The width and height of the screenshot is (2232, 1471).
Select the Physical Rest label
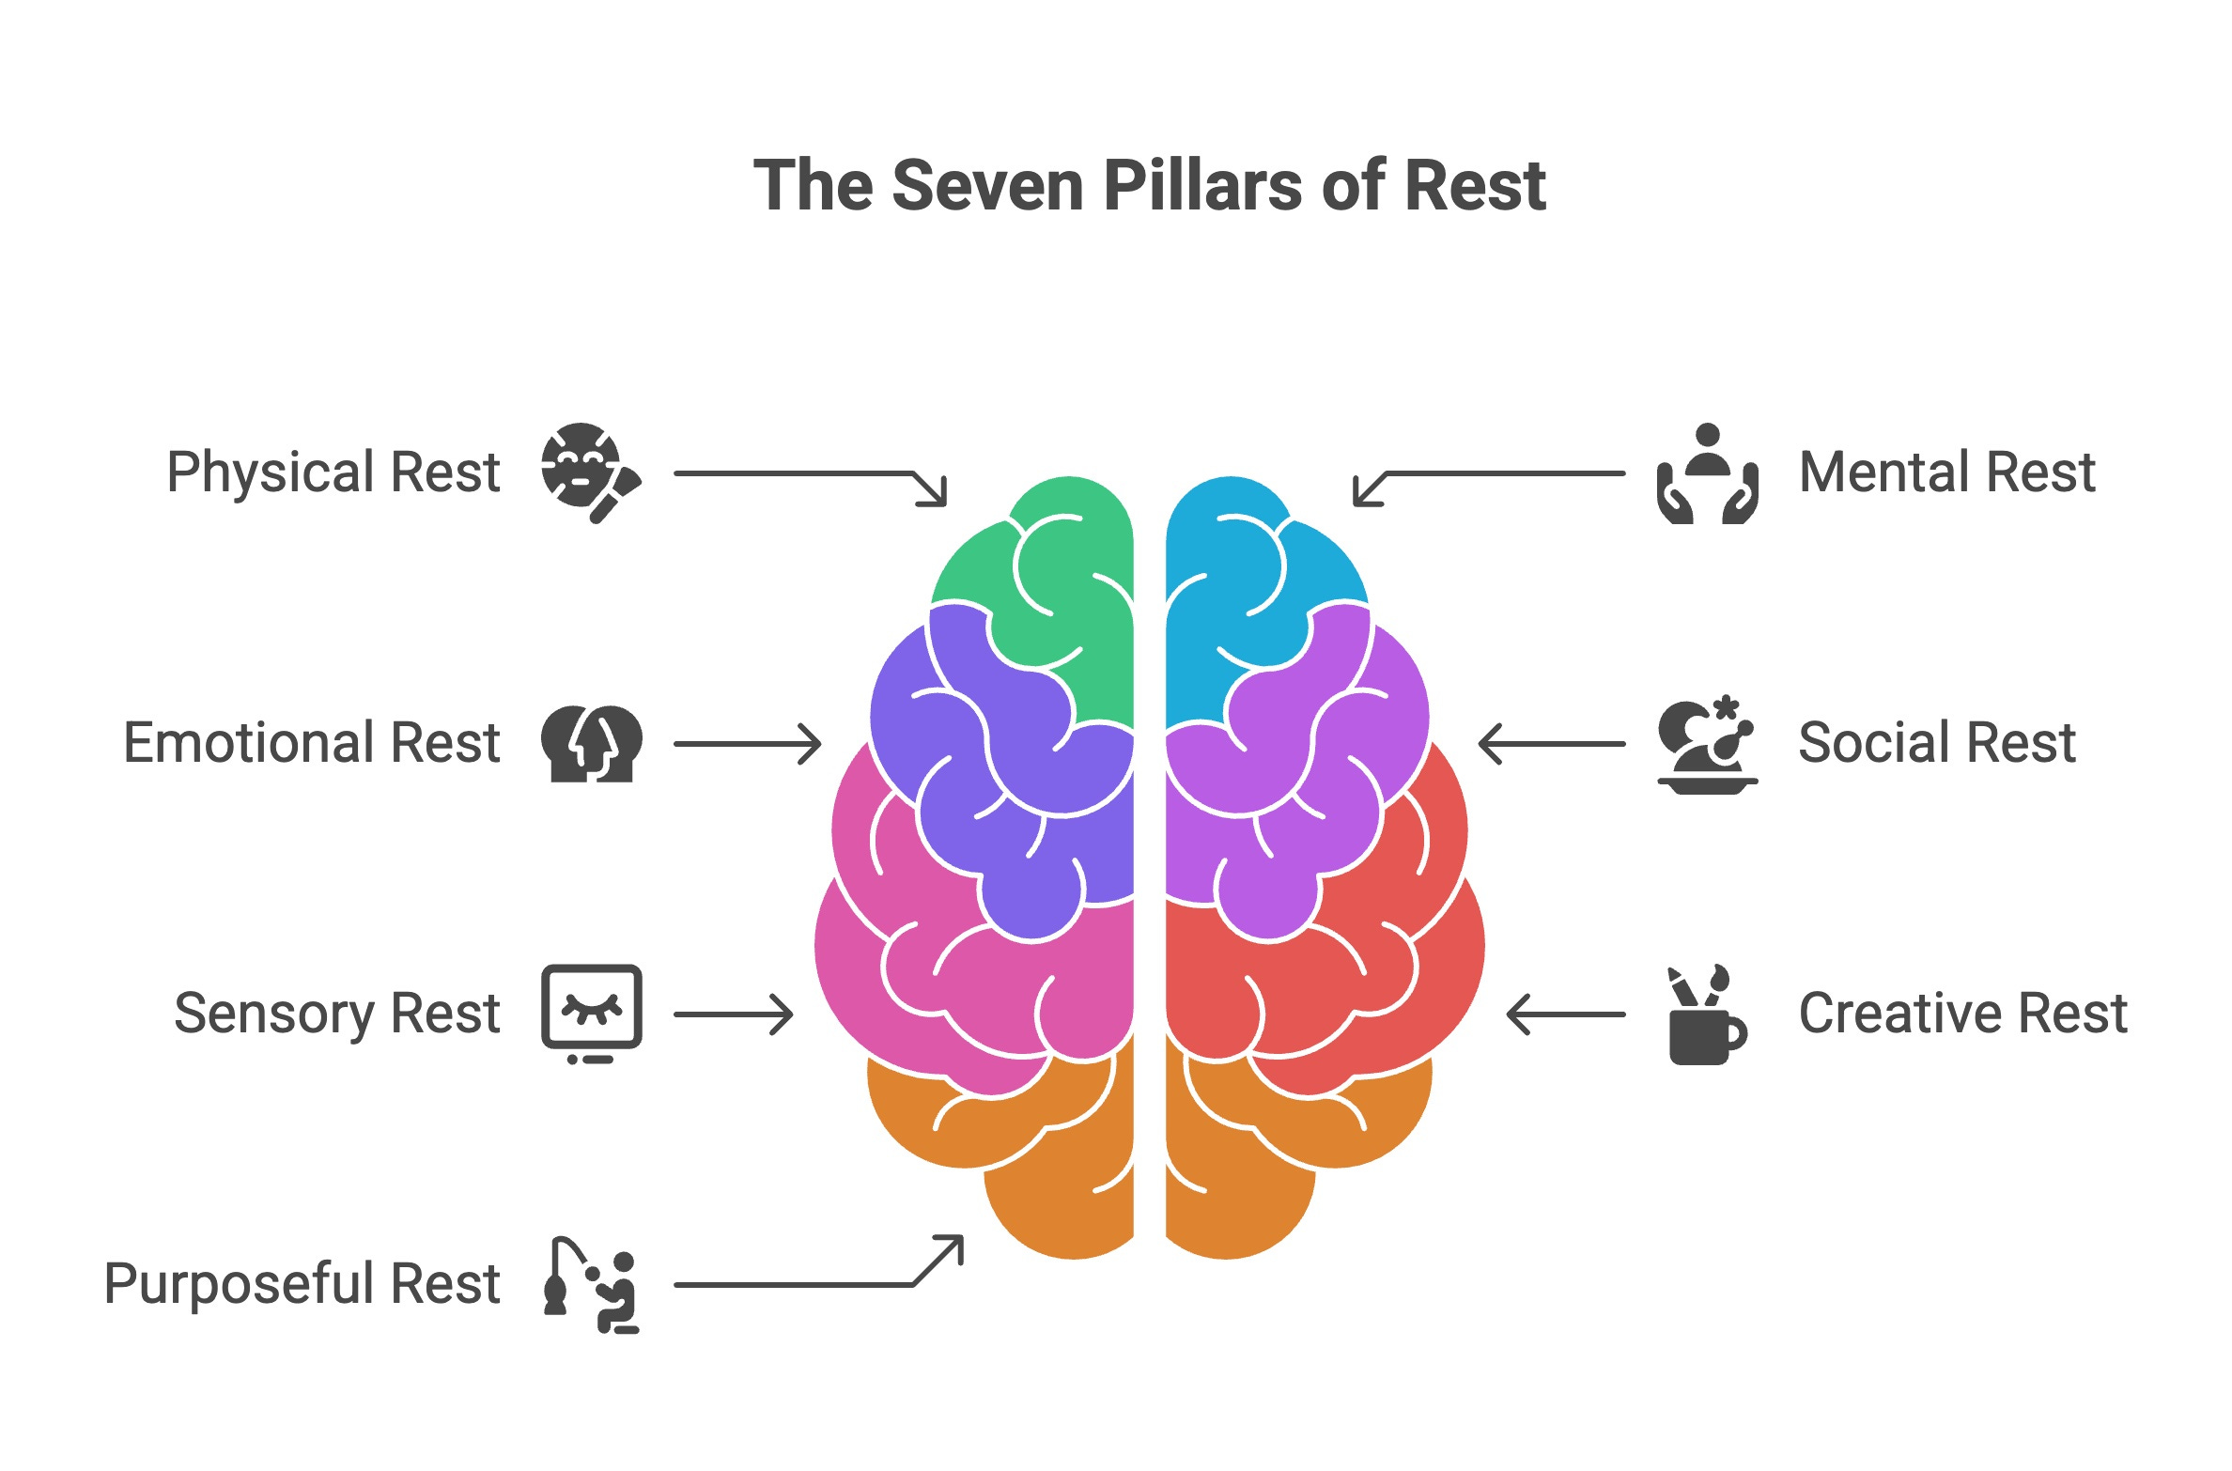pos(333,472)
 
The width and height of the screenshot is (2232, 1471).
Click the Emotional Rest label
pos(312,743)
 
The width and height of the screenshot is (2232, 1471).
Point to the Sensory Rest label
pos(336,1014)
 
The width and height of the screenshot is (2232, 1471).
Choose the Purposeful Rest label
pos(302,1284)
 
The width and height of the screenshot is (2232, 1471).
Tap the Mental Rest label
pos(1946,472)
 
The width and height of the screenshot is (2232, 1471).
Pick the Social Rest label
pos(1936,743)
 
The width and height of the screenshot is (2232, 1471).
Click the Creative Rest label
pos(1962,1014)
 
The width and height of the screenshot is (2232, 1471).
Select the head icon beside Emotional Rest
pos(591,743)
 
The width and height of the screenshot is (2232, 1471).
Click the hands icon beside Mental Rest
pos(1707,473)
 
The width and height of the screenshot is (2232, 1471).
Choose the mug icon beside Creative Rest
pos(1706,1016)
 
